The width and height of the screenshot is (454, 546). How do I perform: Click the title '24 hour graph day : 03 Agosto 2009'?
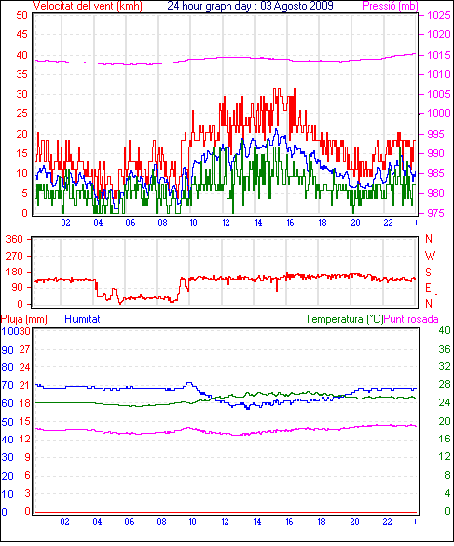point(250,6)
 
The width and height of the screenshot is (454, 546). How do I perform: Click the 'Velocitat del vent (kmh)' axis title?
point(88,6)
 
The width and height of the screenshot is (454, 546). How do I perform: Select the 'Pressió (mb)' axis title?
point(391,6)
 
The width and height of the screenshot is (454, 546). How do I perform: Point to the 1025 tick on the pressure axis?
point(439,15)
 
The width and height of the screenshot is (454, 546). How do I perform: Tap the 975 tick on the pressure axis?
point(435,213)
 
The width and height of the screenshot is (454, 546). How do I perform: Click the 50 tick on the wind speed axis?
point(21,15)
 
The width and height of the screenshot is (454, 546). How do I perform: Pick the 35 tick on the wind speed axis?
point(21,74)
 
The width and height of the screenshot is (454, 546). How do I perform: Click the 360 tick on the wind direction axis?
point(14,239)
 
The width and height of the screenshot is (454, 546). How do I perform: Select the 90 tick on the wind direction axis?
point(17,287)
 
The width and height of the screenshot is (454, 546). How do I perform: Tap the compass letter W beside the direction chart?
point(430,256)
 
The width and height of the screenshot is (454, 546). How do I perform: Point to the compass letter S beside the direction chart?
point(429,272)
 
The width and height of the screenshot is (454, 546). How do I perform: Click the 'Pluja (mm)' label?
point(24,319)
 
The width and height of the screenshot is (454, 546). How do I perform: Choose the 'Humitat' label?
point(83,319)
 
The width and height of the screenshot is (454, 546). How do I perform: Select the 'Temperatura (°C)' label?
point(344,319)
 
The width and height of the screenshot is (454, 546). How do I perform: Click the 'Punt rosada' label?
point(411,319)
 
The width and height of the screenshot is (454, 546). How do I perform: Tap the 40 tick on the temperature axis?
point(444,330)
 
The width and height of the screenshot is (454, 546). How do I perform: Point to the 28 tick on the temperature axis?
point(444,385)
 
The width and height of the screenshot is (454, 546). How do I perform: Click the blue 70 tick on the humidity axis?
point(7,385)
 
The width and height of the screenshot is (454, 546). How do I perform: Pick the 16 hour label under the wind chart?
point(290,223)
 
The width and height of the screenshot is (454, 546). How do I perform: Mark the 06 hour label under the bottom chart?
point(129,522)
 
